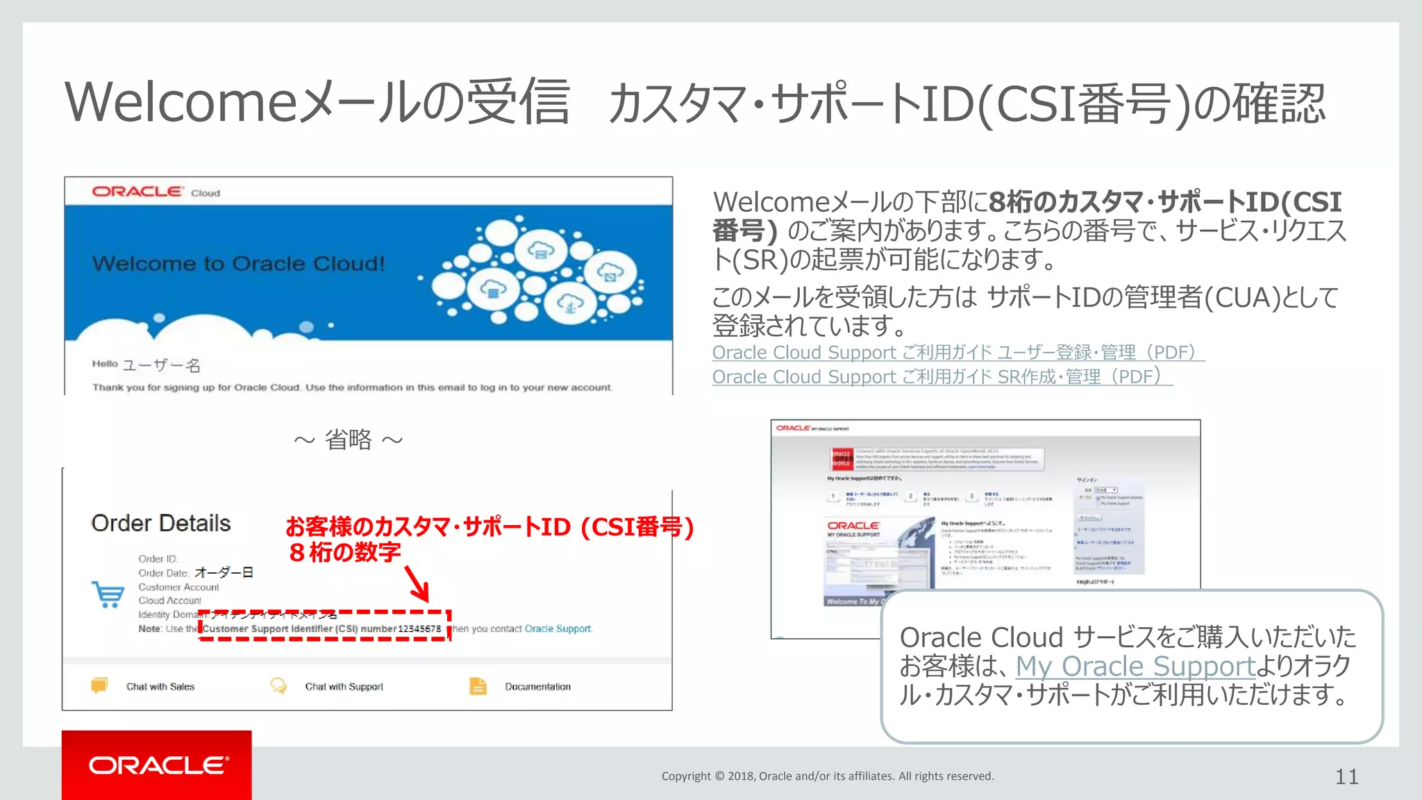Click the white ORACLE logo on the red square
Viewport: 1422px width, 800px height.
pyautogui.click(x=158, y=765)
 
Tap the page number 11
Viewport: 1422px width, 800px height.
pyautogui.click(x=1346, y=776)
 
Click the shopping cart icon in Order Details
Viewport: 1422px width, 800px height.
pyautogui.click(x=108, y=594)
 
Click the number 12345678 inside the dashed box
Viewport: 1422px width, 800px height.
pyautogui.click(x=419, y=629)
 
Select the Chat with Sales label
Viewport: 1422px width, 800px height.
pyautogui.click(x=160, y=687)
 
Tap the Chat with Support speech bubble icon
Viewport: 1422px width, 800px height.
pyautogui.click(x=278, y=686)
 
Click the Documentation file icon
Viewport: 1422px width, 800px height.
pyautogui.click(x=478, y=686)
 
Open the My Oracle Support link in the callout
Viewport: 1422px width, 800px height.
pyautogui.click(x=1135, y=667)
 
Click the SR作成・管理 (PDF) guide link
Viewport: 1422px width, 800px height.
pyautogui.click(x=942, y=377)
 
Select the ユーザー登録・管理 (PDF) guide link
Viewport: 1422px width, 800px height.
pyautogui.click(x=957, y=353)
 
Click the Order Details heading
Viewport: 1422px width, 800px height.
pyautogui.click(x=161, y=523)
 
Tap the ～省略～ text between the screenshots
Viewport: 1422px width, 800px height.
pyautogui.click(x=348, y=440)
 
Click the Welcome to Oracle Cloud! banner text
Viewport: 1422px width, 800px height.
pyautogui.click(x=238, y=264)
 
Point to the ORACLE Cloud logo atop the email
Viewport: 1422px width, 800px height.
pyautogui.click(x=156, y=192)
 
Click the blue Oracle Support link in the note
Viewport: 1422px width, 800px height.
pyautogui.click(x=558, y=629)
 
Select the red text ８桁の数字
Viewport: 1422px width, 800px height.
pyautogui.click(x=344, y=553)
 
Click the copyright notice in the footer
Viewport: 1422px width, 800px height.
pyautogui.click(x=828, y=776)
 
